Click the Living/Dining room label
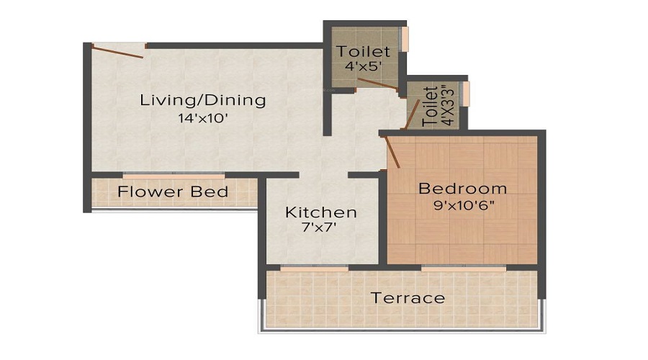click(202, 100)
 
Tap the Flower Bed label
click(173, 192)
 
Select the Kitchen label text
click(321, 212)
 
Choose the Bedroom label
click(462, 189)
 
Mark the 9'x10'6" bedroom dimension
click(462, 205)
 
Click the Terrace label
click(408, 297)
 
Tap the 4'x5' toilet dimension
click(362, 67)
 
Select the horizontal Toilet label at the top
click(364, 52)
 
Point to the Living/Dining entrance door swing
click(119, 50)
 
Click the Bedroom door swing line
click(392, 152)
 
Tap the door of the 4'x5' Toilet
click(377, 84)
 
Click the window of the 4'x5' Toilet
click(405, 39)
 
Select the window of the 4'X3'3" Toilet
click(466, 94)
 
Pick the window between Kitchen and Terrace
click(314, 269)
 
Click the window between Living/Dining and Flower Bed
click(173, 175)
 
